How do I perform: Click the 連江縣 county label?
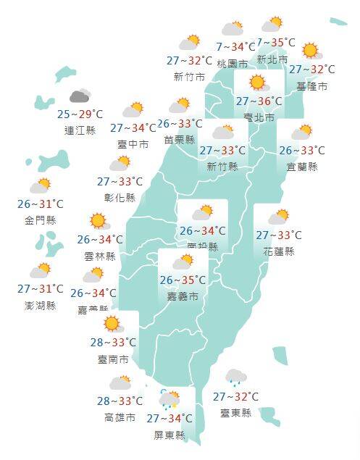pyautogui.click(x=79, y=130)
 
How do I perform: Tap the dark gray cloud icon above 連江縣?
pyautogui.click(x=79, y=96)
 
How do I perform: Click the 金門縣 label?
pyautogui.click(x=41, y=220)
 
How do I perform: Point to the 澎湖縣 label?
pyautogui.click(x=41, y=306)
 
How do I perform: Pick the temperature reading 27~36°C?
pyautogui.click(x=259, y=101)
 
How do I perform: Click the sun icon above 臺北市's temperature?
pyautogui.click(x=257, y=83)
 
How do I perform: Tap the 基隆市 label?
pyautogui.click(x=311, y=86)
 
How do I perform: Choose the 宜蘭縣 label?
pyautogui.click(x=302, y=167)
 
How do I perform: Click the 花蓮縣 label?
pyautogui.click(x=279, y=251)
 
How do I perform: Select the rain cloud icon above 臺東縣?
pyautogui.click(x=235, y=377)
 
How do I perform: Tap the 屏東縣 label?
pyautogui.click(x=169, y=435)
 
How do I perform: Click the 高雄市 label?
pyautogui.click(x=120, y=418)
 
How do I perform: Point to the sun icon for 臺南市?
pyautogui.click(x=111, y=323)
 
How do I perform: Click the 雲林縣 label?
pyautogui.click(x=100, y=256)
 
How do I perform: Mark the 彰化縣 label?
pyautogui.click(x=120, y=197)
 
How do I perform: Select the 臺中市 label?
pyautogui.click(x=133, y=144)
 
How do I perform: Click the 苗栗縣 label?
pyautogui.click(x=180, y=140)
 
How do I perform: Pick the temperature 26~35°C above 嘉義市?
pyautogui.click(x=184, y=280)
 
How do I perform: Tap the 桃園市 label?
pyautogui.click(x=233, y=63)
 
